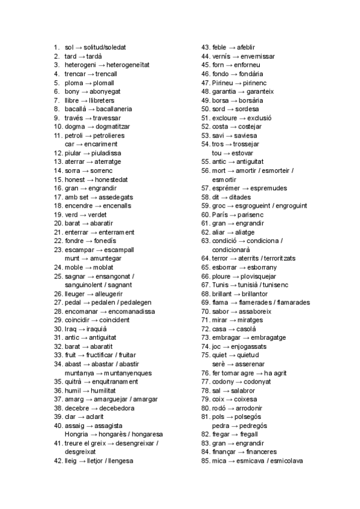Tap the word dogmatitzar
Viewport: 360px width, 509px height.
point(110,127)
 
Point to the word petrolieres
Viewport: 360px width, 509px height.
point(109,136)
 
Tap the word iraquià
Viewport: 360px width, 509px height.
point(94,329)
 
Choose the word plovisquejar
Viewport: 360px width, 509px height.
point(263,276)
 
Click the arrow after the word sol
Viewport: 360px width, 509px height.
point(79,47)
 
